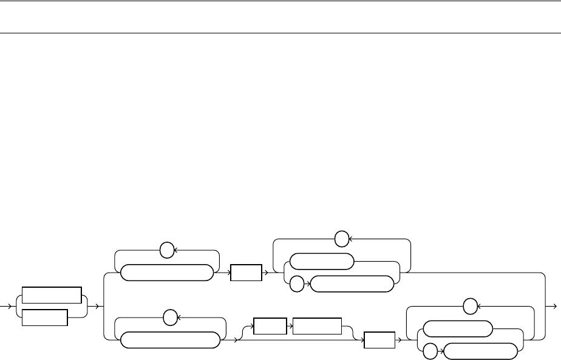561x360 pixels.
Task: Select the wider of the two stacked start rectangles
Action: click(x=51, y=295)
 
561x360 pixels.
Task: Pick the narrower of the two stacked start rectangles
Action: click(x=44, y=318)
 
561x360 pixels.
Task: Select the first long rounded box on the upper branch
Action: click(x=167, y=273)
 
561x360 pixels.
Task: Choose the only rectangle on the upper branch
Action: click(x=246, y=273)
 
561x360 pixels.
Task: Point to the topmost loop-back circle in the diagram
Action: click(x=342, y=239)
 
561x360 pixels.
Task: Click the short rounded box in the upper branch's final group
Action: click(x=322, y=261)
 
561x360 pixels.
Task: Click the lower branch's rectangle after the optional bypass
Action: click(x=379, y=341)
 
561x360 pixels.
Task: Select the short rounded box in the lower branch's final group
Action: click(x=457, y=329)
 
